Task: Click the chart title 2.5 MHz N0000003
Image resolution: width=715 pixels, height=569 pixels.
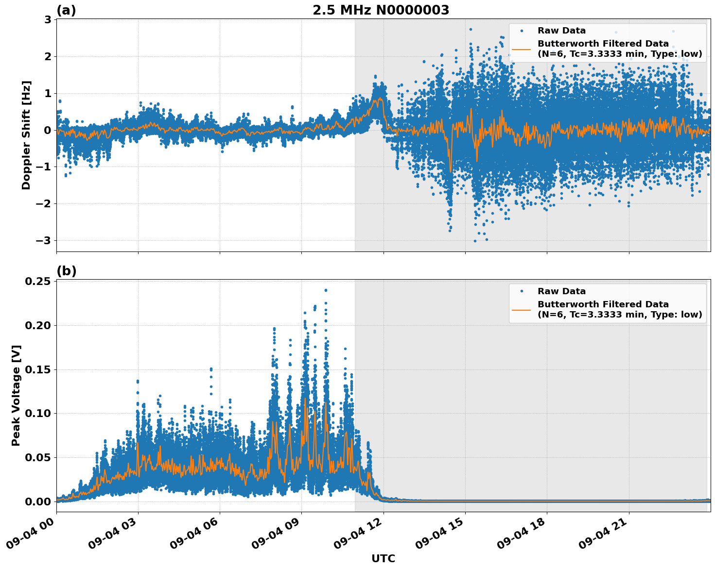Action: (381, 10)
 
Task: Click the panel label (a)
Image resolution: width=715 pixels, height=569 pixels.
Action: (66, 10)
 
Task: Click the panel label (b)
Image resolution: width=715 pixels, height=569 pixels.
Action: (66, 271)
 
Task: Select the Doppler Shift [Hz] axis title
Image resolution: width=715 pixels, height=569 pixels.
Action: (26, 135)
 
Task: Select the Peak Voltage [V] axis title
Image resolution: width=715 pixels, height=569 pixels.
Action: (16, 395)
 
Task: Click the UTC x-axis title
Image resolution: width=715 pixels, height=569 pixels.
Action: (383, 558)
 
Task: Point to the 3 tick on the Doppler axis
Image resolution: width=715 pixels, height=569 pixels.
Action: (48, 20)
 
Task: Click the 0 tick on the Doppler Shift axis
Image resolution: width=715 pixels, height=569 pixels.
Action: (48, 130)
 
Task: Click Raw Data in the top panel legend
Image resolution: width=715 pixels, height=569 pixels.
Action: (561, 31)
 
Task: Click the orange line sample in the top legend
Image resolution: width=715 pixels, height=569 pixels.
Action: (522, 49)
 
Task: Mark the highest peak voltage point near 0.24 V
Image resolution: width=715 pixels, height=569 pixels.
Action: (326, 290)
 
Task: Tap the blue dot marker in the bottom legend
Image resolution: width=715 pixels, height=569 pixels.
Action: (522, 291)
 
